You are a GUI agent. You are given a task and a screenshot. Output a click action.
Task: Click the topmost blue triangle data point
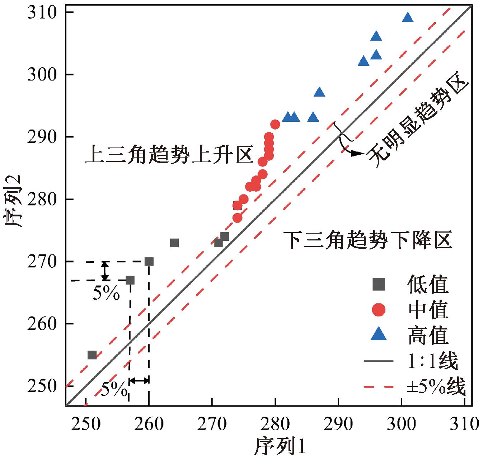tap(408, 17)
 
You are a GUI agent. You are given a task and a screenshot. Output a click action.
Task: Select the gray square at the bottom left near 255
tap(92, 355)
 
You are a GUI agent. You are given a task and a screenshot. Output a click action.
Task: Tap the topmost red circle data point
tap(275, 125)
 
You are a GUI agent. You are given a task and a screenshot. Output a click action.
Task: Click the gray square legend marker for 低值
tap(379, 285)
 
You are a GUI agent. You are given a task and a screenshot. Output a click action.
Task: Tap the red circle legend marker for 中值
tap(379, 310)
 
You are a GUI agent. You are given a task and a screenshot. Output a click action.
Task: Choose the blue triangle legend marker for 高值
tap(379, 335)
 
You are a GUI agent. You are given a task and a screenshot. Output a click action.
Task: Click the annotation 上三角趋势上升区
tap(169, 155)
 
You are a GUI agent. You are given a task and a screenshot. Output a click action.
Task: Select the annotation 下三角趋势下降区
tap(367, 240)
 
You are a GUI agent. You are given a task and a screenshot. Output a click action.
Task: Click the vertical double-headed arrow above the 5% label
tap(104, 271)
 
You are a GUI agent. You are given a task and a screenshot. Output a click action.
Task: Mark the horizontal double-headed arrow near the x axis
tap(139, 380)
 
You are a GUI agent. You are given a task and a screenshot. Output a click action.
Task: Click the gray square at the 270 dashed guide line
tap(149, 262)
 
